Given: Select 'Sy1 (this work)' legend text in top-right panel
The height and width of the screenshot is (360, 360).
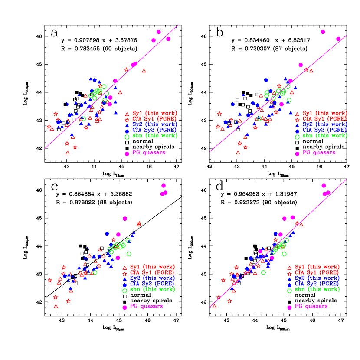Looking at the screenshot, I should (x=325, y=113).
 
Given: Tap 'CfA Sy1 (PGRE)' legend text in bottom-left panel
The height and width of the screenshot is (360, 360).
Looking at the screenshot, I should (x=152, y=272).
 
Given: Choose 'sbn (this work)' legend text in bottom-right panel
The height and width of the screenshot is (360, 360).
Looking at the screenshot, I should (x=317, y=289).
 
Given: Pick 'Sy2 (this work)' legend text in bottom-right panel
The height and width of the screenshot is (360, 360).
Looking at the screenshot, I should (x=317, y=278).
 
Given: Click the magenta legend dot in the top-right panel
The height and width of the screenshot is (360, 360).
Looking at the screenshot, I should (x=297, y=154).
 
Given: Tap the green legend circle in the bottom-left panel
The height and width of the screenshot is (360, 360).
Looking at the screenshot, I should (x=125, y=291).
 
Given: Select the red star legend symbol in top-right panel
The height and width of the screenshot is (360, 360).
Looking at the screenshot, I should (x=297, y=119).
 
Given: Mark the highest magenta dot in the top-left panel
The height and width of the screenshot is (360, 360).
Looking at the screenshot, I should (x=159, y=32).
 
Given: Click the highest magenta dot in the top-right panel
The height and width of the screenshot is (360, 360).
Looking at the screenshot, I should (x=323, y=32).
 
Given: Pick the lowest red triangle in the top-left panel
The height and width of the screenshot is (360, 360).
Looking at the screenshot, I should (x=68, y=152).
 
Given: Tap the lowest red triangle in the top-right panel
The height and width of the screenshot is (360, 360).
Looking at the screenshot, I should (x=238, y=152).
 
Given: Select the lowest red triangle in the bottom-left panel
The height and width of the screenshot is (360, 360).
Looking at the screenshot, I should (x=56, y=306).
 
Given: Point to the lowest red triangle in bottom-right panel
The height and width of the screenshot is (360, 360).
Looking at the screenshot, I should (x=214, y=306).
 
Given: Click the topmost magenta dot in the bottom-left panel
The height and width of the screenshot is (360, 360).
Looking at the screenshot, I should (x=164, y=186).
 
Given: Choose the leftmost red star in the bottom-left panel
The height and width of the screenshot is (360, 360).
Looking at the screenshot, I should (x=49, y=280).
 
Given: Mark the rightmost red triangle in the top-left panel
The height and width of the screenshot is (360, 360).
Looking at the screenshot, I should (x=144, y=71).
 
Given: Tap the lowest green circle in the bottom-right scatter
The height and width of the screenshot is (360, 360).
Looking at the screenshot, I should (x=263, y=272).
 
